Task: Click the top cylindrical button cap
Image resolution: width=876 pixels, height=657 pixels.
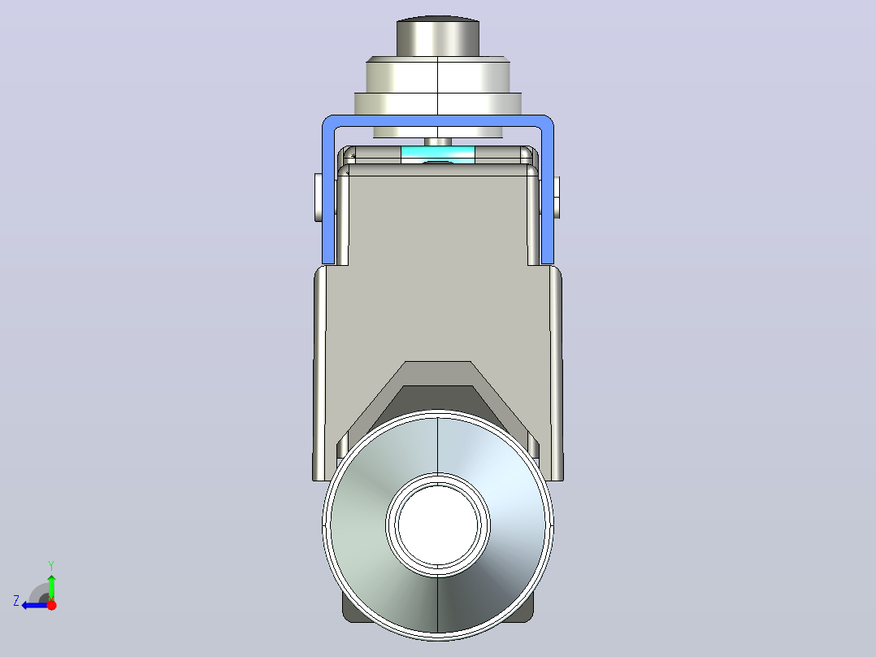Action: click(x=438, y=37)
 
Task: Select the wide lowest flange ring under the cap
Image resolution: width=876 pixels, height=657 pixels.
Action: click(x=438, y=104)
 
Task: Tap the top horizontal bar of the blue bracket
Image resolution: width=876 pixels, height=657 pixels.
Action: click(x=438, y=121)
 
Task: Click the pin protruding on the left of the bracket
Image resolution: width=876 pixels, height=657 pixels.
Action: click(x=319, y=198)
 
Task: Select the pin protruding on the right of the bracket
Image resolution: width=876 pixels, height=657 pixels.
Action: click(x=557, y=198)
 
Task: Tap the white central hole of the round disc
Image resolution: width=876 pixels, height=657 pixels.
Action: click(x=438, y=525)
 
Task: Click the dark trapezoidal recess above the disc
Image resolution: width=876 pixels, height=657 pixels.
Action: click(x=438, y=400)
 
